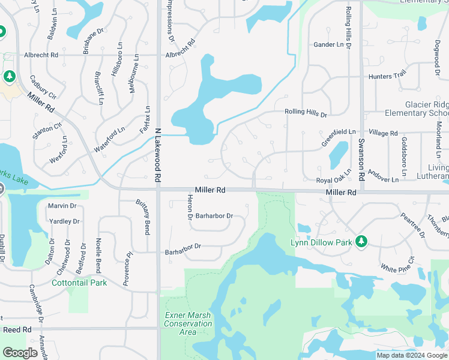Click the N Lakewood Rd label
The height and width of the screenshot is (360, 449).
pyautogui.click(x=158, y=155)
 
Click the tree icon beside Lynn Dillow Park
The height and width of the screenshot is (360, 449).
pyautogui.click(x=361, y=241)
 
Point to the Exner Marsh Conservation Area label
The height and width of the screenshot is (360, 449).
pyautogui.click(x=188, y=323)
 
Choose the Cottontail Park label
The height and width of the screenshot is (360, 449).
pyautogui.click(x=79, y=283)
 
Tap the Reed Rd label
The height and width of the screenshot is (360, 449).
pyautogui.click(x=17, y=330)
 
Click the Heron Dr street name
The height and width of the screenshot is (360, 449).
pyautogui.click(x=190, y=207)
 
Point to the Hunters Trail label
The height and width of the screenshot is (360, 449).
pyautogui.click(x=388, y=76)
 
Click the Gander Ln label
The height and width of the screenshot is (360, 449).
pyautogui.click(x=328, y=45)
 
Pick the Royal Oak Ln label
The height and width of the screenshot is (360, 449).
pyautogui.click(x=334, y=180)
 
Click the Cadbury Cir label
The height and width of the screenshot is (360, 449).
pyautogui.click(x=43, y=88)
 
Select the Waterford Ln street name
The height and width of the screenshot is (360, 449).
pyautogui.click(x=109, y=137)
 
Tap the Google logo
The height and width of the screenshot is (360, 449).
pyautogui.click(x=20, y=353)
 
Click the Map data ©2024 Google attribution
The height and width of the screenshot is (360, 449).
pyautogui.click(x=411, y=355)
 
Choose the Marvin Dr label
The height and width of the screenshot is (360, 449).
pyautogui.click(x=62, y=206)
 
